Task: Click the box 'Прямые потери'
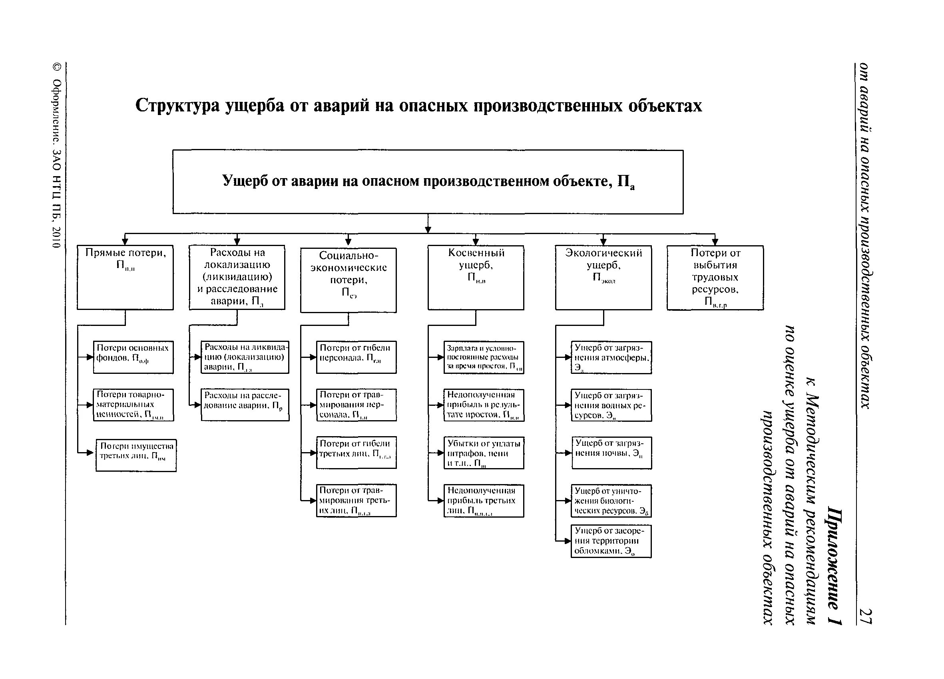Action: coord(125,277)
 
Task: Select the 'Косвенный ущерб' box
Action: coord(475,277)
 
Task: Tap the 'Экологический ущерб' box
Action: coord(603,277)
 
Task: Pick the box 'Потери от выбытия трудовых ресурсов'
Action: coord(715,277)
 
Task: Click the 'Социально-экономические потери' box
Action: coord(348,280)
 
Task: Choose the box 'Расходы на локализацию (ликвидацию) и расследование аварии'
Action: coord(237,277)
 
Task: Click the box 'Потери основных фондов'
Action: coord(133,357)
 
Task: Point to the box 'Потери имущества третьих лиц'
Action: coord(136,455)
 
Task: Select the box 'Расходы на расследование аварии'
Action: coord(245,405)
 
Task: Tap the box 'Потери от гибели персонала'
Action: coord(356,357)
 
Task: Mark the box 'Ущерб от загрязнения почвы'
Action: coord(611,453)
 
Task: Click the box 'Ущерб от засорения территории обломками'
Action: coord(611,541)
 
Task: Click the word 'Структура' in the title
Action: coord(177,106)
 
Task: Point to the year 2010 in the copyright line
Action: coord(57,237)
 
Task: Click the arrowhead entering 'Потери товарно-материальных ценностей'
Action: coord(90,405)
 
